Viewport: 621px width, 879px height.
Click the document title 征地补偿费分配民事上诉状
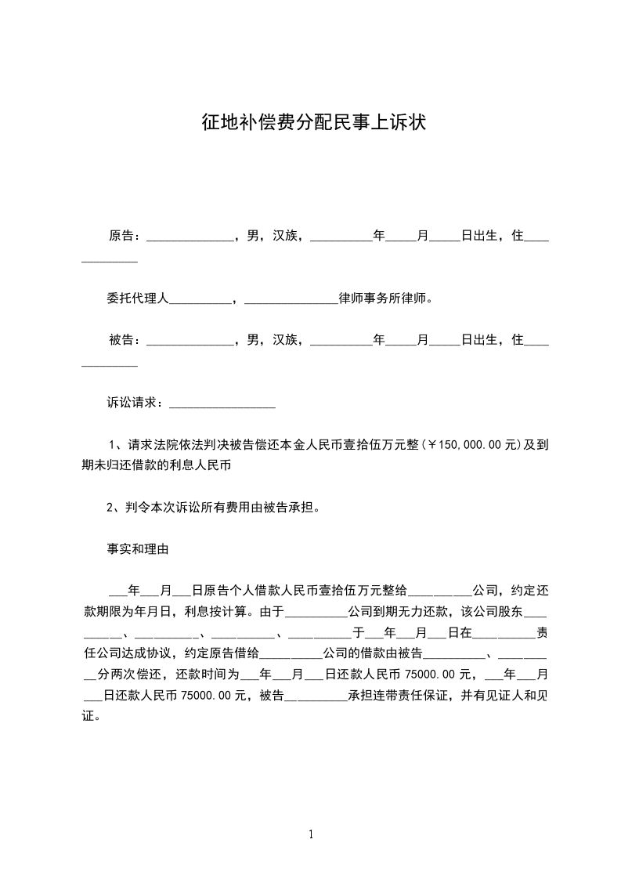[x=313, y=123]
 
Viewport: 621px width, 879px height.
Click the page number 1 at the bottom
[x=311, y=834]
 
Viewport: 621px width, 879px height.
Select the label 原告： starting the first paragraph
[x=125, y=235]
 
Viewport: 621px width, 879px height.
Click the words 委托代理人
[x=138, y=298]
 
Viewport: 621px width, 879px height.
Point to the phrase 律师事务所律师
[x=384, y=298]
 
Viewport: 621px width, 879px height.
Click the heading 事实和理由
[x=138, y=549]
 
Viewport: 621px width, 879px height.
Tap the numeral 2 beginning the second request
[x=110, y=508]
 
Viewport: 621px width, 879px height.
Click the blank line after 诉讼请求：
[x=222, y=404]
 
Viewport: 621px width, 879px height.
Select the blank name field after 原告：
[x=190, y=237]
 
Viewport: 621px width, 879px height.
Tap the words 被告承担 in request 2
[x=287, y=508]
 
